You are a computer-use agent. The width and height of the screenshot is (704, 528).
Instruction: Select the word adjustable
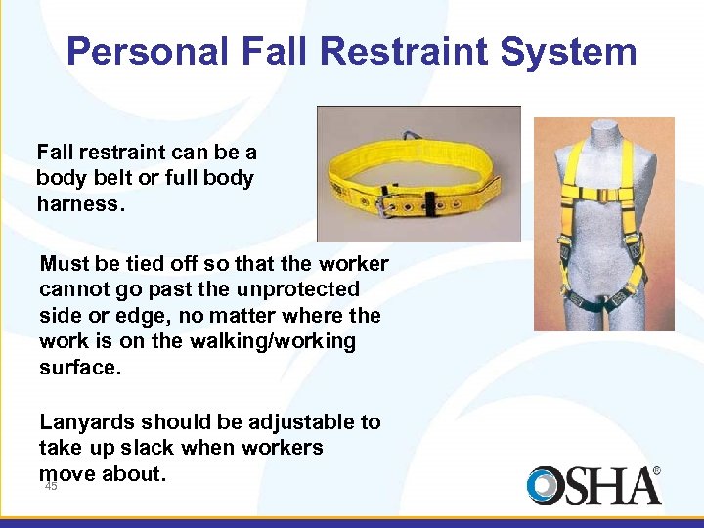300,422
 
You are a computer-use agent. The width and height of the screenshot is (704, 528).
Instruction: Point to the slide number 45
51,486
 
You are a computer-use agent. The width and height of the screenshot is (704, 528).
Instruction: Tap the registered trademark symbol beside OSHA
656,471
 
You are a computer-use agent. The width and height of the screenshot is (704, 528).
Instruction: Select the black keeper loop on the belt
426,206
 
